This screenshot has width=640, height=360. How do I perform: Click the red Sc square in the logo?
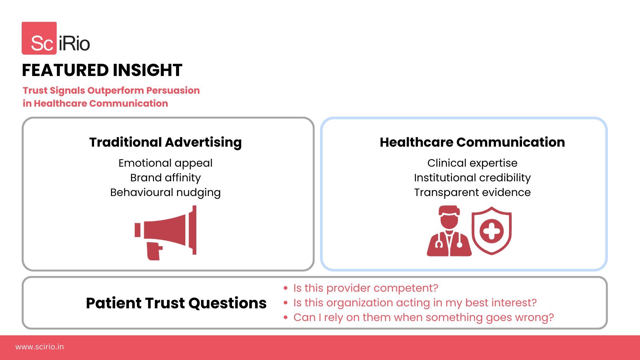[39, 38]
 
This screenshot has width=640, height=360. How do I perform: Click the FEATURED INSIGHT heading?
[102, 70]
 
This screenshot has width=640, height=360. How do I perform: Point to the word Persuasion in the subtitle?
[173, 90]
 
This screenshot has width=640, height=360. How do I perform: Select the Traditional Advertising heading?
[165, 142]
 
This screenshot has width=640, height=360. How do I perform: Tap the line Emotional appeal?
[165, 163]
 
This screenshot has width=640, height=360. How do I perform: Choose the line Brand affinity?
[165, 178]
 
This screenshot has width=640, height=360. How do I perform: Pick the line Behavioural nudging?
[165, 192]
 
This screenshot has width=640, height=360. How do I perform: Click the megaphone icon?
[166, 233]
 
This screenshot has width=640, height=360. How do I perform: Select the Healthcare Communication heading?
[472, 142]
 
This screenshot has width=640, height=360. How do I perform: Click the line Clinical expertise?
[472, 163]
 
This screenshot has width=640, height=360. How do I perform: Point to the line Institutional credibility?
[472, 178]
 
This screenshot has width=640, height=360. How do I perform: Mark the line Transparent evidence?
[472, 192]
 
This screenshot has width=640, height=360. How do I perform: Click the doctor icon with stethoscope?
[449, 231]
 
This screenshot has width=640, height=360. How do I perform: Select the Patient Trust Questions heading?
[176, 303]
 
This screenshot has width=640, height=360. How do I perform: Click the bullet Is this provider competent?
[366, 288]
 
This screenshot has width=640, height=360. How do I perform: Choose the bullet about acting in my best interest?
[415, 303]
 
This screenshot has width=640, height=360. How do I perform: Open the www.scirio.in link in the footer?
[39, 347]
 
